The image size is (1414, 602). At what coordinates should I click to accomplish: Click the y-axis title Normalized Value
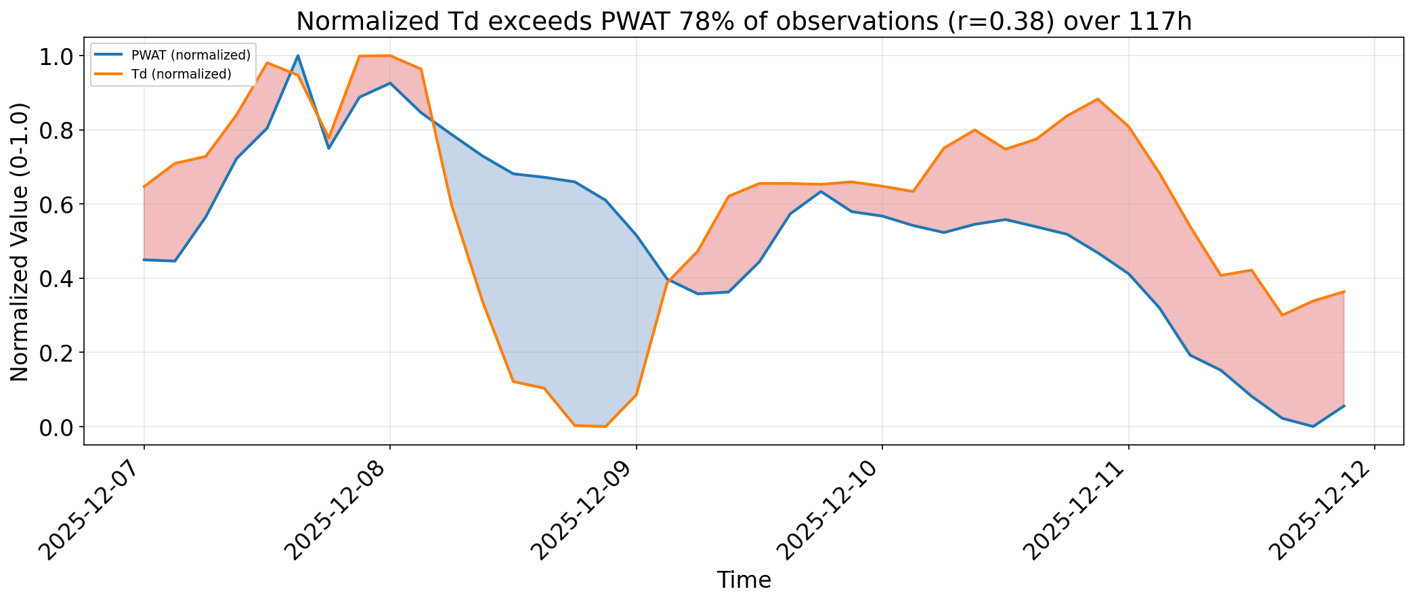pos(20,242)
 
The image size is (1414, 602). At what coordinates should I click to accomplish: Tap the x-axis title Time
pos(744,580)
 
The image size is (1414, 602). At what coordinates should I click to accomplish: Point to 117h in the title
pos(1162,22)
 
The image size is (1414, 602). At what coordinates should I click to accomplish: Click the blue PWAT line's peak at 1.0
pos(298,56)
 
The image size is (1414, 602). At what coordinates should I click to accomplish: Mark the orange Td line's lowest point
pos(605,427)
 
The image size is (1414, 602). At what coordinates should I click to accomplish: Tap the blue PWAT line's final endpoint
pos(1344,406)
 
